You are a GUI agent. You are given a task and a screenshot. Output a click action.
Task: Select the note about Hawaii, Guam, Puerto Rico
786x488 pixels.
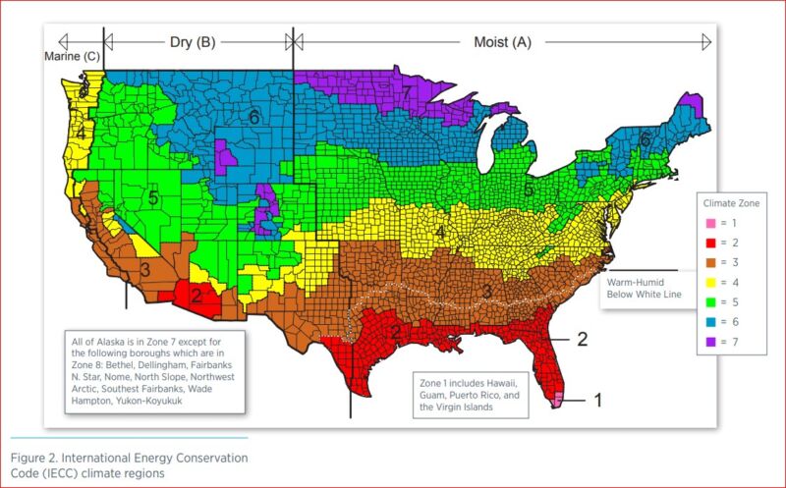point(470,395)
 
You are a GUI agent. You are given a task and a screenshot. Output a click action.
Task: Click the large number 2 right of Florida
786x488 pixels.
point(582,339)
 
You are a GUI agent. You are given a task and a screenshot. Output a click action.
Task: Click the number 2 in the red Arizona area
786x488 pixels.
point(196,295)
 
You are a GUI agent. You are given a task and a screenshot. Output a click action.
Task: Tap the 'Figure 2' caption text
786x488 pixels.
point(128,465)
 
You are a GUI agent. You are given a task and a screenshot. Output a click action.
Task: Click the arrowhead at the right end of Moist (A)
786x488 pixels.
point(705,41)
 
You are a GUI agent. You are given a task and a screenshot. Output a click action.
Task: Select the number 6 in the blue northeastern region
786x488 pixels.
point(645,140)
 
